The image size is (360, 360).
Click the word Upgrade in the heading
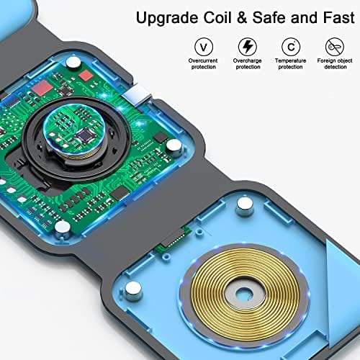167,19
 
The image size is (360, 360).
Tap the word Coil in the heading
217,17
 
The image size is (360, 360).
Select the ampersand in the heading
242,17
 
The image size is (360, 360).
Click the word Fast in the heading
338,17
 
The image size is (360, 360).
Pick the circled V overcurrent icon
204,47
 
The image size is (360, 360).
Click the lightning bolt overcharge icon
248,47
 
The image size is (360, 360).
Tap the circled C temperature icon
291,47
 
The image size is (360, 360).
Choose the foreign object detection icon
335,47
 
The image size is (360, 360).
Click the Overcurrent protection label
203,64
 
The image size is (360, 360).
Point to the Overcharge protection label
248,64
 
